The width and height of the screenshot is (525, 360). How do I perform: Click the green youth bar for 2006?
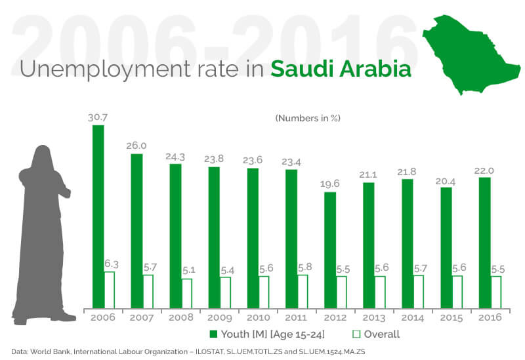[98, 216]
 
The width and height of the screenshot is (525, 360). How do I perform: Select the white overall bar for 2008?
[187, 293]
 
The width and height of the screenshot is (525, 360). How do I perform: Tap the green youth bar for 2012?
[330, 250]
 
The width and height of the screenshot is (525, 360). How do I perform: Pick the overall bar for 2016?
[496, 292]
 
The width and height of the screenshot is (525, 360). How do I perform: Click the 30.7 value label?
[98, 117]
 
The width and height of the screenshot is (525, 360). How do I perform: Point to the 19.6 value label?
[330, 184]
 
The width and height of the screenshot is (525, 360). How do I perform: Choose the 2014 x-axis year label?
[413, 317]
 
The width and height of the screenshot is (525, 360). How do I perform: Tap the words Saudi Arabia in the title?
[341, 70]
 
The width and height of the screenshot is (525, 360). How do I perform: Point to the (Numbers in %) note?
[308, 118]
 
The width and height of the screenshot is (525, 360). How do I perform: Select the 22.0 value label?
[485, 170]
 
